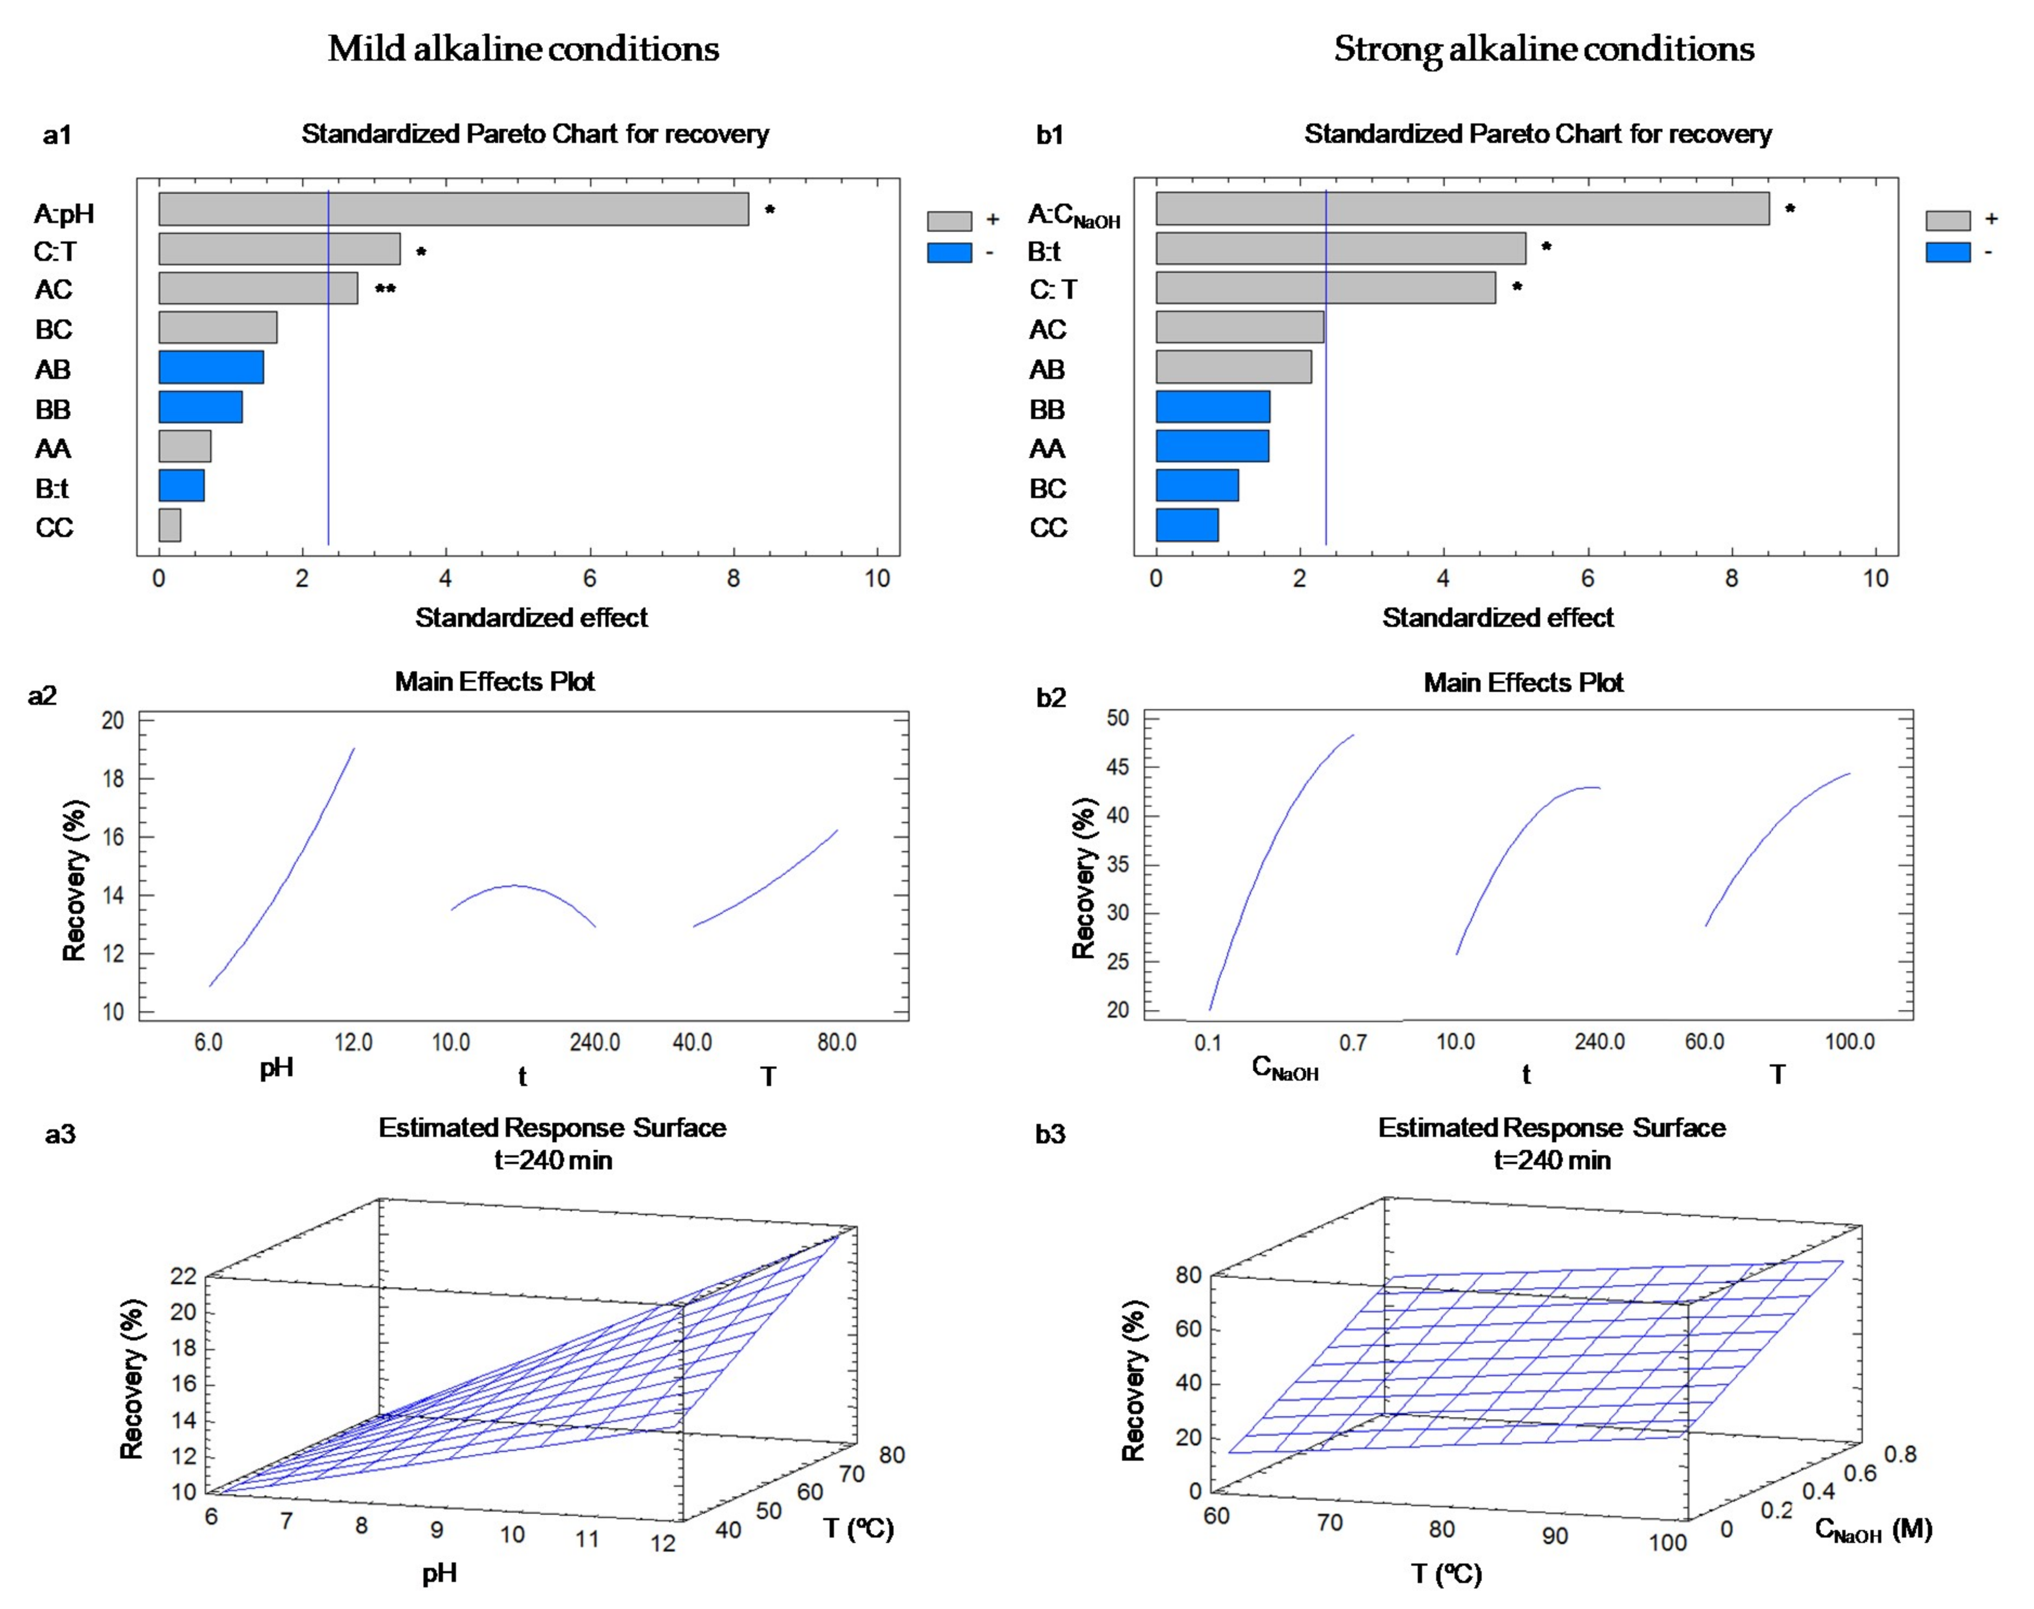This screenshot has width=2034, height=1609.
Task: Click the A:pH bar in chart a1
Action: pos(453,209)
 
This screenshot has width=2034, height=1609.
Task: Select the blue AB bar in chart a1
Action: pos(211,368)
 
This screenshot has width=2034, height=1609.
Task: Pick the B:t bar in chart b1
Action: pos(1341,248)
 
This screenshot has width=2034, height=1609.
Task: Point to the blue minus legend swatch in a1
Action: pos(950,252)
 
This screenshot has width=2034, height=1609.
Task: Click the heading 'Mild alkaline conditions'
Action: pos(524,49)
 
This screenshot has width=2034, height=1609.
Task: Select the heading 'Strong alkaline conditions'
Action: pos(1544,49)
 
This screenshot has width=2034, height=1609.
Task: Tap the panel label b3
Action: pos(1051,1133)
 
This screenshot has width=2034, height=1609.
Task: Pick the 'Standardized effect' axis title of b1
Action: pos(1498,618)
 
